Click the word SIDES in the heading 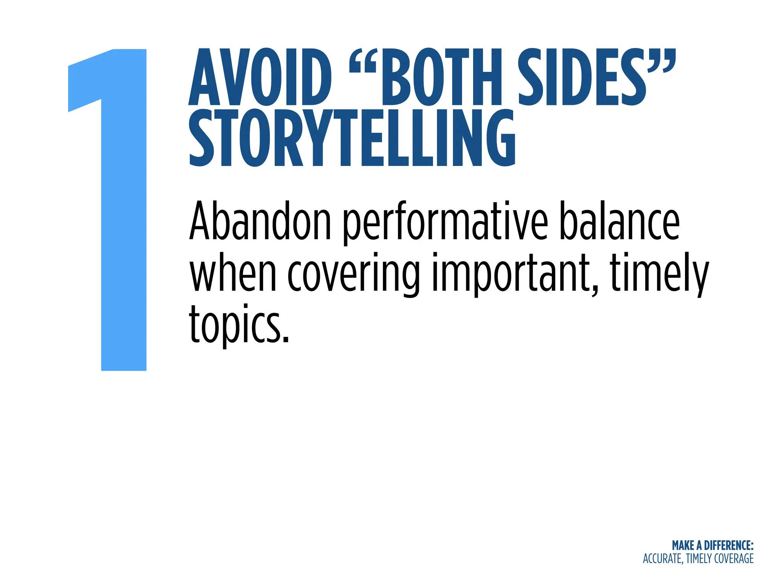582,78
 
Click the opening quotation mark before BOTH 363,61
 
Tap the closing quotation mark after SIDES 662,61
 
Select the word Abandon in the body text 260,221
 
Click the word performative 445,223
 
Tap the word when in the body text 233,272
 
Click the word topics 239,324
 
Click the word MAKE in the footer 683,546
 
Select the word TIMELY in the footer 699,559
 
